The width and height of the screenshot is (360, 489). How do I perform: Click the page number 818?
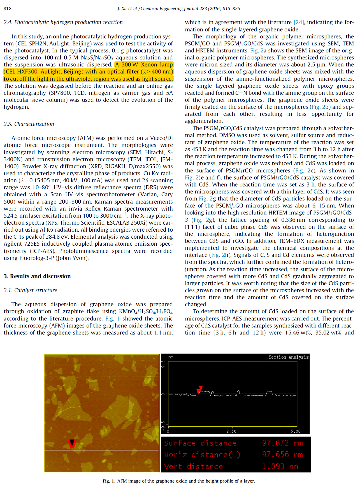point(8,8)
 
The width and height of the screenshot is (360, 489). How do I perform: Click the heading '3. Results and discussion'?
point(37,276)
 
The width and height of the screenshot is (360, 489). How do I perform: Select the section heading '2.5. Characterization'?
point(29,124)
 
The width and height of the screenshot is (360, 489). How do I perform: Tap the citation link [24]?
point(299,22)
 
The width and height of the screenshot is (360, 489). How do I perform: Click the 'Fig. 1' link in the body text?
point(112,319)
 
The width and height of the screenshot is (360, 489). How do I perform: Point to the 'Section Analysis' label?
point(288,357)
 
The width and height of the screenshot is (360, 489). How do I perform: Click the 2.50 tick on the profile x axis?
point(231,431)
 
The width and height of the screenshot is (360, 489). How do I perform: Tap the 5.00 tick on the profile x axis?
point(296,431)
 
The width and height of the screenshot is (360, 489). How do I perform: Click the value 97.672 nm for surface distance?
point(282,443)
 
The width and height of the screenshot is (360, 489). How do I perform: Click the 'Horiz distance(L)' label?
point(202,455)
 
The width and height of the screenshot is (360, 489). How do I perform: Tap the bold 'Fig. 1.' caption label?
point(109,481)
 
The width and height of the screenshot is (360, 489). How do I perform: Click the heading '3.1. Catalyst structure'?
point(30,290)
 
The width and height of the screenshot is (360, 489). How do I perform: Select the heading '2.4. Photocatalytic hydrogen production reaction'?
point(63,22)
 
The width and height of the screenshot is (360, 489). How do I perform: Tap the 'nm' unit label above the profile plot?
point(171,357)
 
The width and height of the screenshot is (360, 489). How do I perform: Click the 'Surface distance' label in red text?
point(200,443)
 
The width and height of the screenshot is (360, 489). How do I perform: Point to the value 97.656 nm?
point(282,455)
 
